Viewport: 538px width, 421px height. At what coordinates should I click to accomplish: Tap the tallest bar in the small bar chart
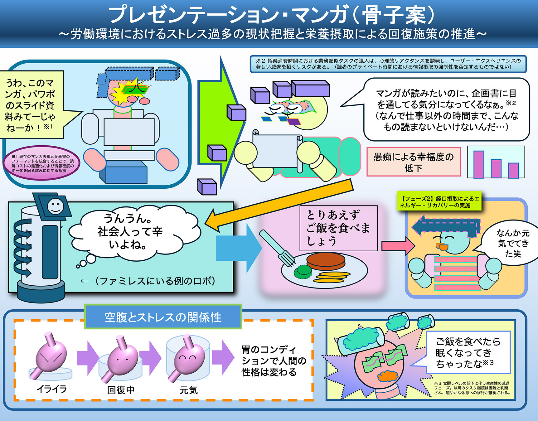[x=479, y=164]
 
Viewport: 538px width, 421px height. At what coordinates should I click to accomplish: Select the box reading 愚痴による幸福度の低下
[x=413, y=162]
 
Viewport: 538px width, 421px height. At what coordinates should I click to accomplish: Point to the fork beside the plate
[x=277, y=249]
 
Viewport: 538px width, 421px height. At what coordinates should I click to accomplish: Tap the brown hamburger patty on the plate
[x=326, y=260]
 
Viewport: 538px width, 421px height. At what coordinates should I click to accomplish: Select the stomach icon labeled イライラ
[x=51, y=357]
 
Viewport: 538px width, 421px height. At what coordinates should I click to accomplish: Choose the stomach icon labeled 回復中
[x=122, y=359]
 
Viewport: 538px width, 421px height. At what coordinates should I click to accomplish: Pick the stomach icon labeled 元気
[x=189, y=357]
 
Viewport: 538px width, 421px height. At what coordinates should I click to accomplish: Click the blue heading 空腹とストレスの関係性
[x=163, y=317]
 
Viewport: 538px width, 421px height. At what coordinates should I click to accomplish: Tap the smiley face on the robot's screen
[x=55, y=206]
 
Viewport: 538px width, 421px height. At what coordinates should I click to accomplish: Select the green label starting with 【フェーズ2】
[x=439, y=202]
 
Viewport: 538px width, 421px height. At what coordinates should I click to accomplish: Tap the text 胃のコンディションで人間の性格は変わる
[x=274, y=361]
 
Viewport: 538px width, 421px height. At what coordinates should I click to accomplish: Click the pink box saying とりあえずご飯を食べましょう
[x=338, y=228]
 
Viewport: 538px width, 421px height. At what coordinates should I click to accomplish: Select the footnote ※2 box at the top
[x=388, y=64]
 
